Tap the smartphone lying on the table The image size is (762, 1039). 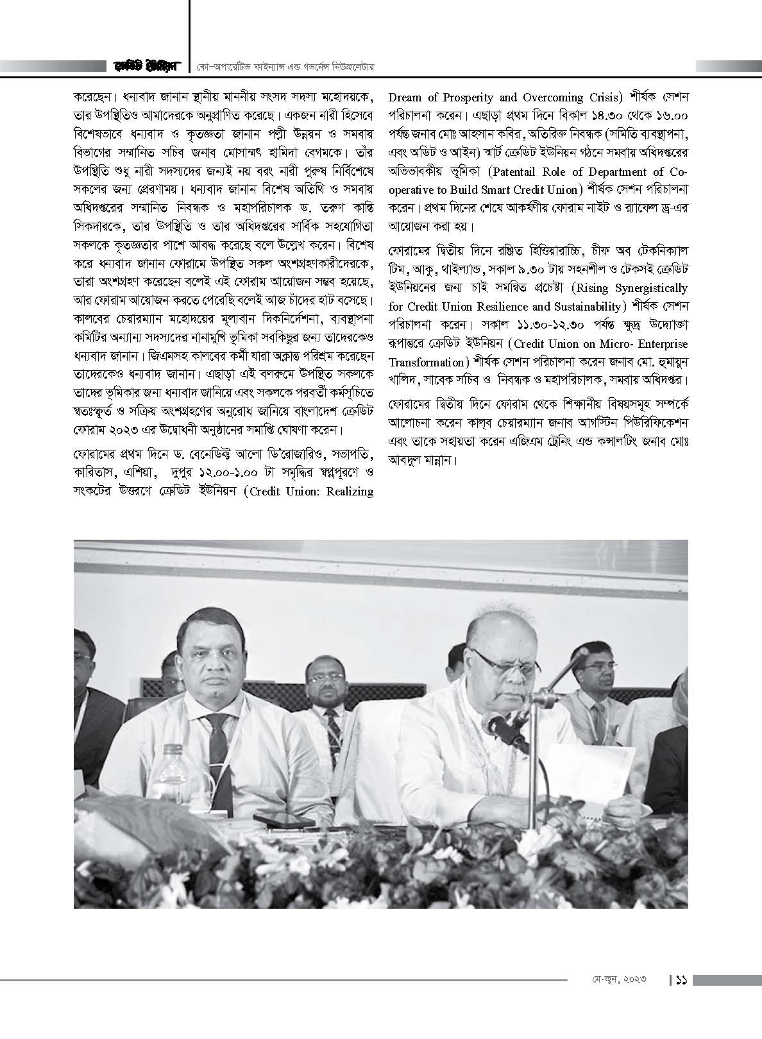tap(280, 821)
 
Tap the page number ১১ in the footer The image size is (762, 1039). tap(681, 980)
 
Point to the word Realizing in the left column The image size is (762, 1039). tap(345, 492)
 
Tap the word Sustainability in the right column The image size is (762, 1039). tap(581, 305)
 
